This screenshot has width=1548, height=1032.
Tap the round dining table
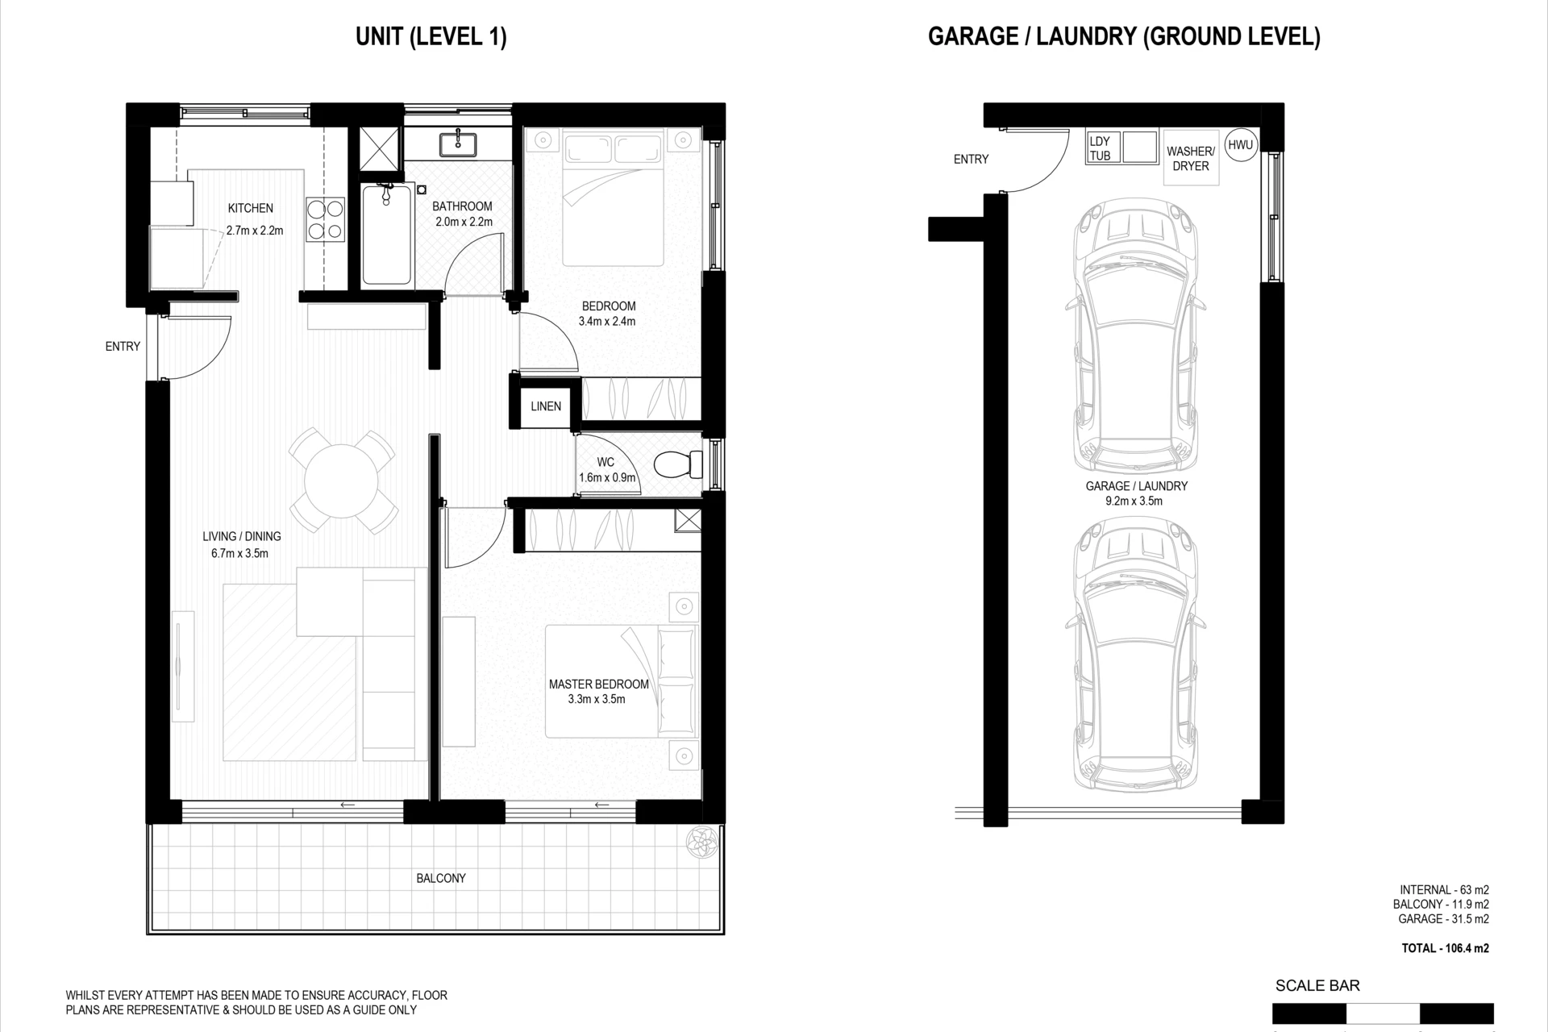coord(341,482)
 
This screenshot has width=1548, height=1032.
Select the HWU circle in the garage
coord(1240,145)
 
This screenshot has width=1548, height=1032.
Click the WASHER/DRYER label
coord(1190,159)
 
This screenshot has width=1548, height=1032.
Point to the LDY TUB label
coord(1100,148)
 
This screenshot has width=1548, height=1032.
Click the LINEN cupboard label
coord(546,406)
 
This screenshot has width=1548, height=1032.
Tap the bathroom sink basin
coord(458,144)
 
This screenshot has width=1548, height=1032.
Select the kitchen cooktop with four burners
coord(325,220)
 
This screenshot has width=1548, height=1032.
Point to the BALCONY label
coord(441,878)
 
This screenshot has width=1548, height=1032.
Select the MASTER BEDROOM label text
coord(599,685)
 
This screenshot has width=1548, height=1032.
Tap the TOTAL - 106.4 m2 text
coord(1446,948)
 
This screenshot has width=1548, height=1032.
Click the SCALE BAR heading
coord(1317,985)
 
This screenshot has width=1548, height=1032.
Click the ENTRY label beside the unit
coord(123,347)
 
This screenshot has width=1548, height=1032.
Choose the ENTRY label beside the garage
coord(971,160)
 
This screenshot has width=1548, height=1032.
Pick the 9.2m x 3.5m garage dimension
coord(1134,501)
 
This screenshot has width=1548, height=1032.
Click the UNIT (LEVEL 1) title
coord(431,37)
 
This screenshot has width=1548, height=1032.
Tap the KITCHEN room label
coord(251,208)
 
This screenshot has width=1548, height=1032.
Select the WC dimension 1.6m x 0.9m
coord(607,477)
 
